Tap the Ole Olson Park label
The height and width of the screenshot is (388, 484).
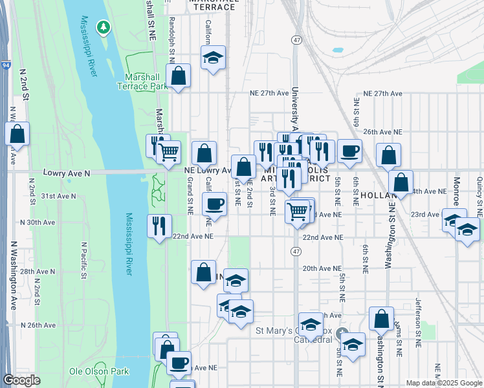pos(99,371)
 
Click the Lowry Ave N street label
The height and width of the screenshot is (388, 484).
pos(66,173)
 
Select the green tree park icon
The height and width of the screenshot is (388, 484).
pos(102,27)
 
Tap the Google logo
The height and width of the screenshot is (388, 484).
pos(21,380)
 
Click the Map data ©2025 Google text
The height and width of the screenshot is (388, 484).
pos(444,383)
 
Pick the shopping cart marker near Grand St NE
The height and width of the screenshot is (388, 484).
pos(168,153)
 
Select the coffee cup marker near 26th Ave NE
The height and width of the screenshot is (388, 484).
pos(349,151)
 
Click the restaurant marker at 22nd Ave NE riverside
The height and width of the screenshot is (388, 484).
pos(159,226)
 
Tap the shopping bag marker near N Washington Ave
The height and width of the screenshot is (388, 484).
pos(17,134)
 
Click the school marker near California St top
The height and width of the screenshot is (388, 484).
pos(212,58)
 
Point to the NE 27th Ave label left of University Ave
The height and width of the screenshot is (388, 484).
pos(270,93)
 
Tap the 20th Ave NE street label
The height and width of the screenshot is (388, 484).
pos(322,268)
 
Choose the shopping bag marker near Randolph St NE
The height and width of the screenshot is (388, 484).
pos(179,75)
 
